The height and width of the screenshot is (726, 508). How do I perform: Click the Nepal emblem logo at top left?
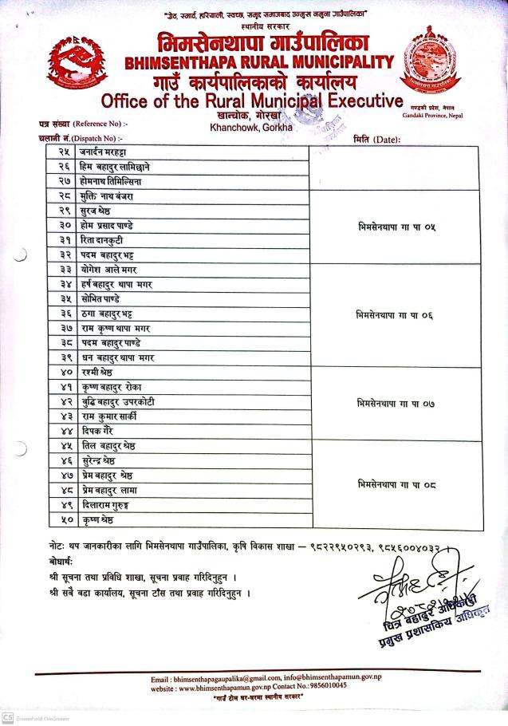pyautogui.click(x=73, y=64)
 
